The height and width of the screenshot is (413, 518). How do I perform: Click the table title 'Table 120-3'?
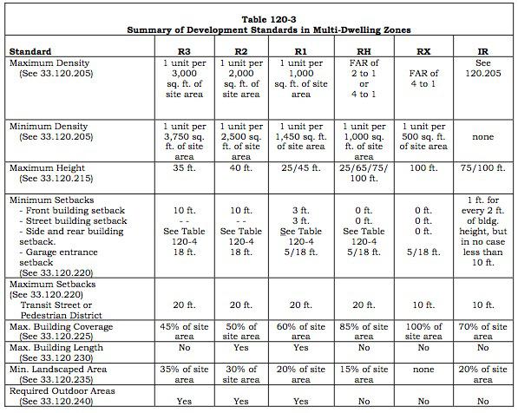coord(269,19)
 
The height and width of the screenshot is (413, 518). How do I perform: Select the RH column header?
coord(364,52)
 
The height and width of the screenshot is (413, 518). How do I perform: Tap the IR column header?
coord(482,52)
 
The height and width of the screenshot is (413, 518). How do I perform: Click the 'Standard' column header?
coord(30,52)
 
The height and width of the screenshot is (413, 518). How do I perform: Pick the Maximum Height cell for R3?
coord(184,167)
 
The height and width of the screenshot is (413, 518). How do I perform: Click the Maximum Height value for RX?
coord(423,167)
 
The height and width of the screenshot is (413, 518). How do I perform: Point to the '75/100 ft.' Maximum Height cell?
coord(482,167)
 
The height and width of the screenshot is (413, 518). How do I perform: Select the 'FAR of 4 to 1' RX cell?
coord(423,78)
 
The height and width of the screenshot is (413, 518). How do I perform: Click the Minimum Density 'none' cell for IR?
coord(482,137)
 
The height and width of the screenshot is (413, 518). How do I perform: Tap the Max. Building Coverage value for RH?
coord(364,331)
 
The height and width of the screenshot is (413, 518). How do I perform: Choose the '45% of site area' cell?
coord(184,331)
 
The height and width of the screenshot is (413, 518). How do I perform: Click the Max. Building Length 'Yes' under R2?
coord(241,348)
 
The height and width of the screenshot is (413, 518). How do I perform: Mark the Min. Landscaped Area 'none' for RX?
coord(423,370)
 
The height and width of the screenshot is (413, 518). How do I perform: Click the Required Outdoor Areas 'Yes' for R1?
coord(300,402)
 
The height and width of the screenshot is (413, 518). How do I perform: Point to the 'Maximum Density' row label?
coord(49,63)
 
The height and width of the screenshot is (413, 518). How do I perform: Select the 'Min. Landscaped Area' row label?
coord(58,370)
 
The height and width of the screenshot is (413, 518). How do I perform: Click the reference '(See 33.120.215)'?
coord(56,179)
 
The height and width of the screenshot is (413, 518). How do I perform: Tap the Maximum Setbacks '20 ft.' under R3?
coord(184,305)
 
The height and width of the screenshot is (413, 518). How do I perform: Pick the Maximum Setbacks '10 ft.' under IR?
coord(482,305)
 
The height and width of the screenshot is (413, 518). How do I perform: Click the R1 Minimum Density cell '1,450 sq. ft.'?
coord(300,137)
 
